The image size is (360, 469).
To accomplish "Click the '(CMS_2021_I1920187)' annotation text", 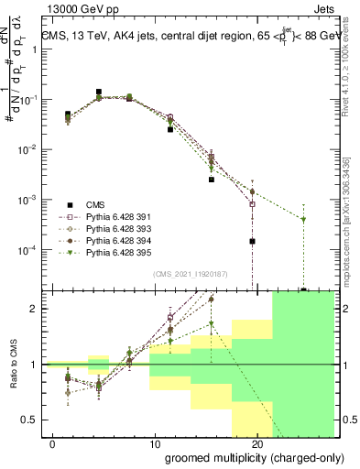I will [191, 274].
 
